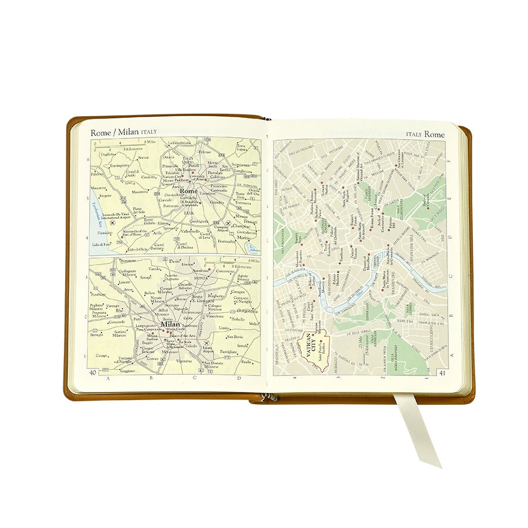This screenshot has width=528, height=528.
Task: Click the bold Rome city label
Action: [x=189, y=191]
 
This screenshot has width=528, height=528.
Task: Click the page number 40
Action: [x=93, y=372]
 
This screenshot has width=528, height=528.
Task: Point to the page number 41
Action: [x=442, y=372]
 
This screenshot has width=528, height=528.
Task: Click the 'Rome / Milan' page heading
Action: [x=114, y=132]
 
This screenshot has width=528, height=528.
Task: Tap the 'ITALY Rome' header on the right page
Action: [x=425, y=134]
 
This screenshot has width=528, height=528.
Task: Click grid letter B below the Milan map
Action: [x=151, y=378]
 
